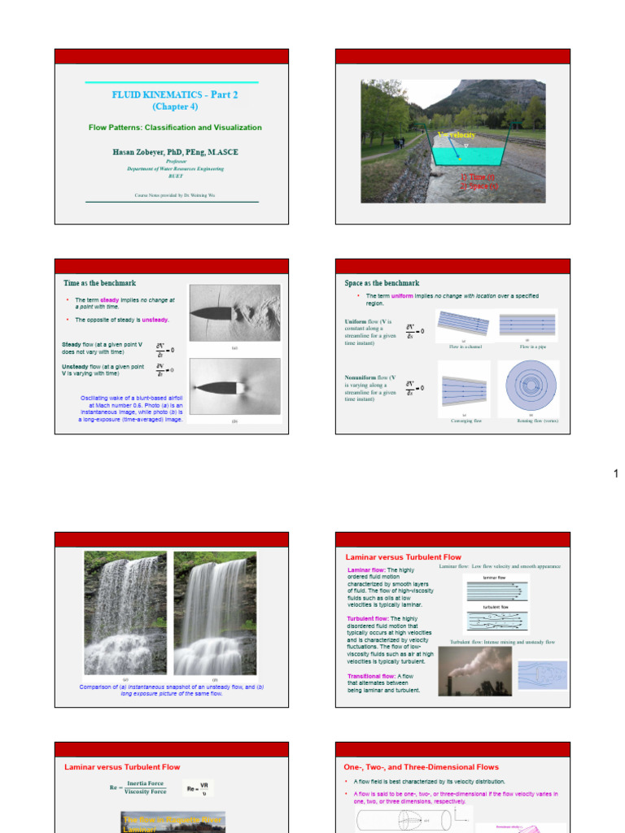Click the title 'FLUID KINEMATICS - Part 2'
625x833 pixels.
(x=175, y=94)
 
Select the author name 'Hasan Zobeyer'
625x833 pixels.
(x=138, y=152)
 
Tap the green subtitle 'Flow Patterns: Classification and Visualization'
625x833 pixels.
(x=175, y=128)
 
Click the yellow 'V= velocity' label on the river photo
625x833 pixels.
(x=457, y=134)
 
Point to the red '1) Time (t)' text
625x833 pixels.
(x=478, y=177)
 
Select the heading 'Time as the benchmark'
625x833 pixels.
(x=99, y=283)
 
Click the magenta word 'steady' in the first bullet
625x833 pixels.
(x=109, y=300)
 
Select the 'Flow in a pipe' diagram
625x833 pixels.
(x=527, y=325)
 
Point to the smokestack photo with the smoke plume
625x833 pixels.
(x=475, y=671)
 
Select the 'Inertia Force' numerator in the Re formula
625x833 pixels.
(x=147, y=783)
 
